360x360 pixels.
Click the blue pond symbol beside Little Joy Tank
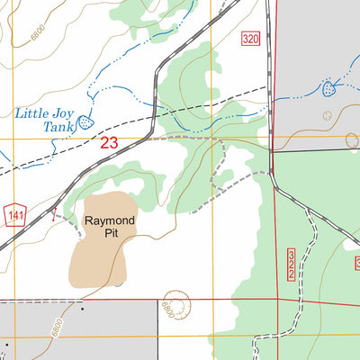pyautogui.click(x=85, y=121)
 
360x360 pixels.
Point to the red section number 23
pyautogui.click(x=109, y=142)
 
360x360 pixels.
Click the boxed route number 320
pyautogui.click(x=250, y=39)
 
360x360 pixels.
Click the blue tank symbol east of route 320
pyautogui.click(x=329, y=89)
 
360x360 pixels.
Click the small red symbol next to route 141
pyautogui.click(x=56, y=216)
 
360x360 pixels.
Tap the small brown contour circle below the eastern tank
pyautogui.click(x=327, y=115)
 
